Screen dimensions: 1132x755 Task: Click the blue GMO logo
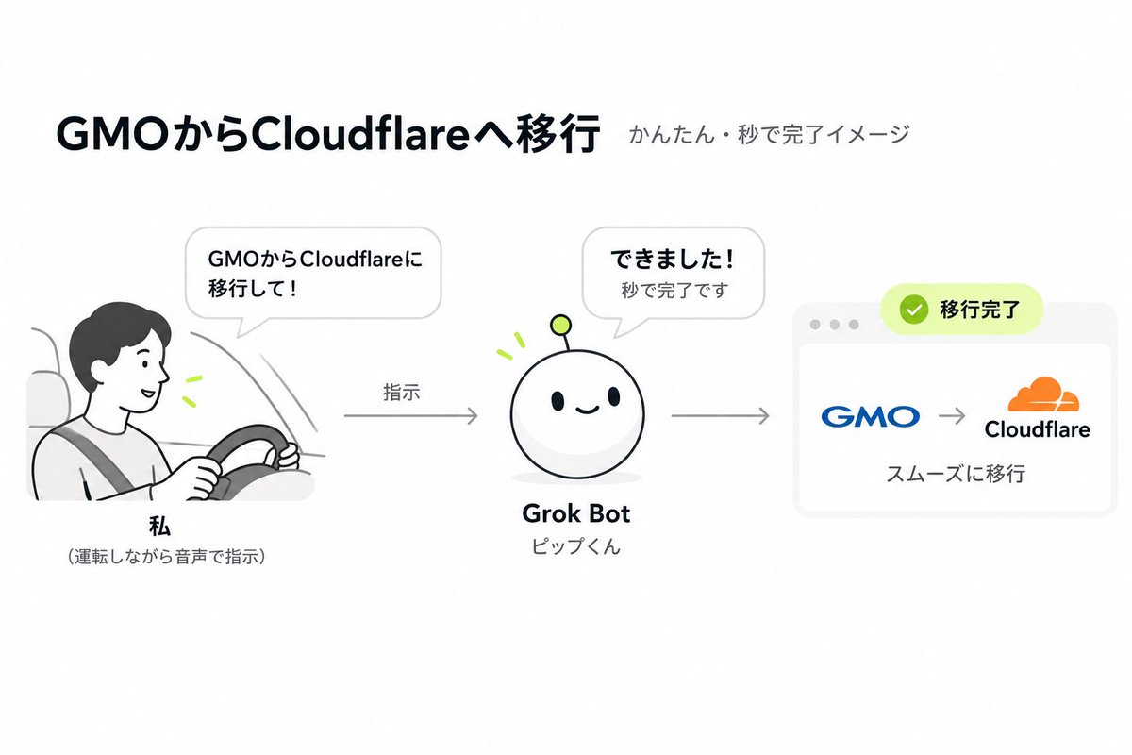click(x=870, y=416)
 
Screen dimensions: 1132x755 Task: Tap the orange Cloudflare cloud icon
click(x=1043, y=394)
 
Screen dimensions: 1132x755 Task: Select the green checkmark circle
click(x=914, y=310)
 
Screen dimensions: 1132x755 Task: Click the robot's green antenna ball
click(x=560, y=326)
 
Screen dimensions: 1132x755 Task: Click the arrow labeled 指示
click(x=411, y=415)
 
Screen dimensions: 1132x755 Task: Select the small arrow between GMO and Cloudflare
click(x=952, y=416)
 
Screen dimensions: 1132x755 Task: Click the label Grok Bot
click(x=576, y=513)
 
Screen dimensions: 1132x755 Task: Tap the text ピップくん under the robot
click(x=576, y=546)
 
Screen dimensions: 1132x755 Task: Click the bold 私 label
click(x=159, y=527)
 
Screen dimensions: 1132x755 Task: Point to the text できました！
click(x=673, y=260)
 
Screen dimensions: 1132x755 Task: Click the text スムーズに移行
click(x=956, y=474)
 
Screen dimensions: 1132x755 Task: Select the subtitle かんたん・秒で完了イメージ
click(x=769, y=135)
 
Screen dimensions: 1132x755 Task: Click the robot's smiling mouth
click(x=587, y=410)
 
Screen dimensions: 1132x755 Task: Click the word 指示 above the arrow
click(x=402, y=392)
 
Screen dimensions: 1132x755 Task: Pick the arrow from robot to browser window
click(x=720, y=415)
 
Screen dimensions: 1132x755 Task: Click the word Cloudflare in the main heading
click(x=359, y=134)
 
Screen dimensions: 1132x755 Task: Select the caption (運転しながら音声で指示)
click(x=166, y=557)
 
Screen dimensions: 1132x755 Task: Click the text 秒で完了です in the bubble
click(x=674, y=291)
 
